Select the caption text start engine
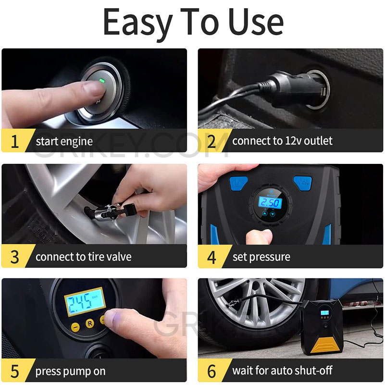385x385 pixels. point(64,142)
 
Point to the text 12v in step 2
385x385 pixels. point(282,141)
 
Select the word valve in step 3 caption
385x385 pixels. point(118,257)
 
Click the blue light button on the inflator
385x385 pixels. point(237,183)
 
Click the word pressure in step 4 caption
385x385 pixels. point(270,257)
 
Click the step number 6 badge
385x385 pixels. point(211,372)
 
